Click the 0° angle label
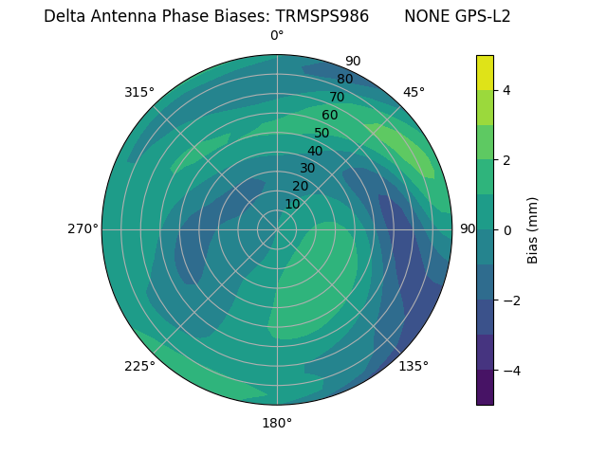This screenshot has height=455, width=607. click(x=277, y=36)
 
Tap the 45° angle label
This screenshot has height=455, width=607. click(x=414, y=92)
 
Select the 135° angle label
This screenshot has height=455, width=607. click(x=414, y=366)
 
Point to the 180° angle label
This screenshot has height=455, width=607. click(x=277, y=423)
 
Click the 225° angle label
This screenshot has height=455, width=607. click(x=139, y=366)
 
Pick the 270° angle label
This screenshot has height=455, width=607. click(x=83, y=228)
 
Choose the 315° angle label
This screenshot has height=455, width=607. click(x=139, y=92)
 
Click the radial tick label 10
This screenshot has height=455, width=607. click(x=292, y=204)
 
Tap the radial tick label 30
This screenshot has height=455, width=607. click(x=307, y=169)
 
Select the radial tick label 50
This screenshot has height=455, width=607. click(x=322, y=133)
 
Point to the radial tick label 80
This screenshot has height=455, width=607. click(x=344, y=79)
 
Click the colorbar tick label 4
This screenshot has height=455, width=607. click(x=507, y=90)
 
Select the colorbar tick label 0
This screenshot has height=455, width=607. click(x=507, y=230)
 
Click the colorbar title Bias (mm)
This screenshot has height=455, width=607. click(x=533, y=230)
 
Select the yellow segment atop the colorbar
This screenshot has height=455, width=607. click(x=485, y=72)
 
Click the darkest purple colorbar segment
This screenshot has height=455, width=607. click(x=485, y=388)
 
